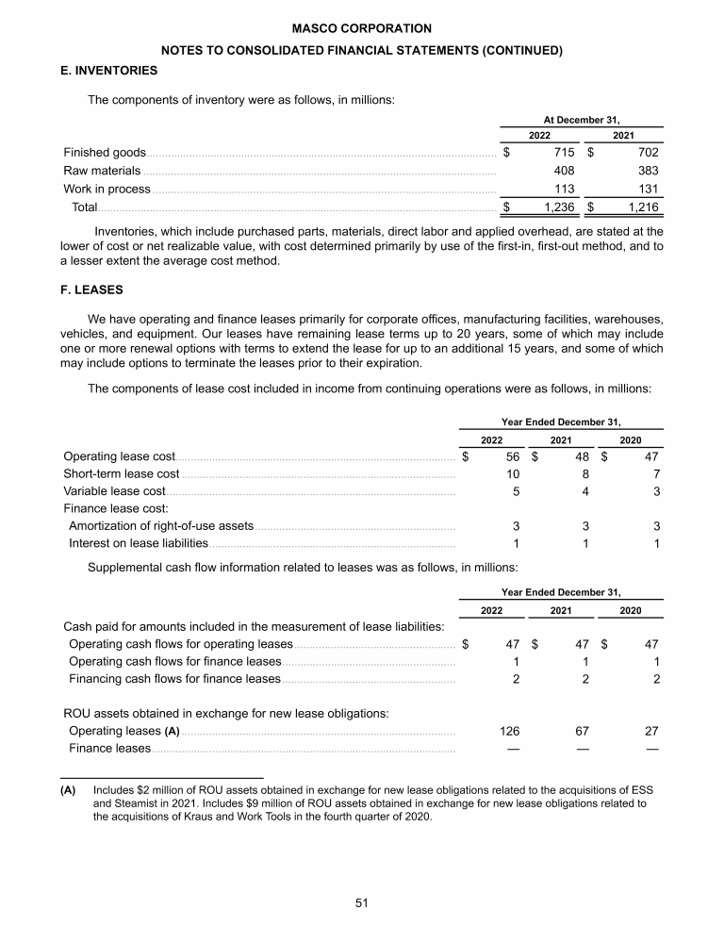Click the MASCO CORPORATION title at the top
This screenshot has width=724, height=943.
(362, 29)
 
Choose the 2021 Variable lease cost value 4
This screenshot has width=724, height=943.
(585, 490)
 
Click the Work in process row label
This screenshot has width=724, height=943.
(107, 189)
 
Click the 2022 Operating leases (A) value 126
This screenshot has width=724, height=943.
(508, 731)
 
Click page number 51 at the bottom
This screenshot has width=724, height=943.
(362, 902)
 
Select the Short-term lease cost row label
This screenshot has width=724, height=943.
(121, 472)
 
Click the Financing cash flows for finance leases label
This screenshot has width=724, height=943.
(174, 678)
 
